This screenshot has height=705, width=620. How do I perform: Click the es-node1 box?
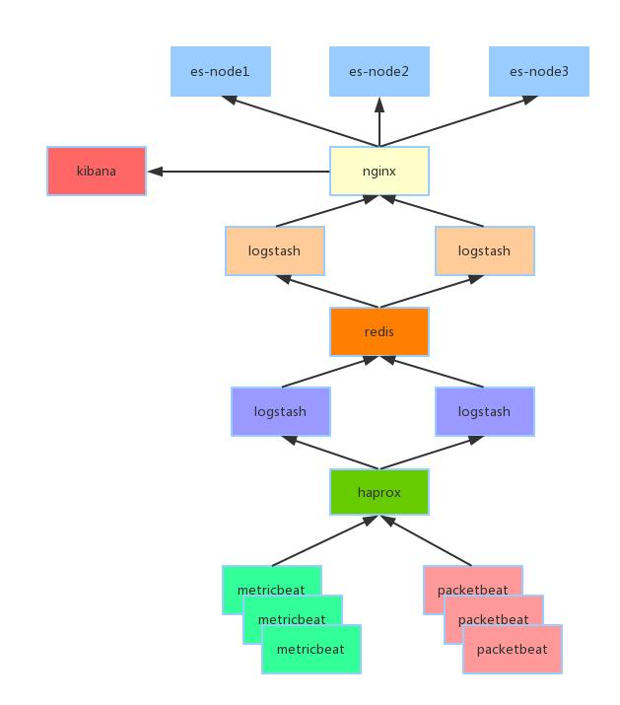(221, 71)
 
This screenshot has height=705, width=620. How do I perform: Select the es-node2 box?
(379, 71)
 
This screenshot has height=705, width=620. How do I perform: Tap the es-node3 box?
(538, 71)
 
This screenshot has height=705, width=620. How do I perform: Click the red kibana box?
(97, 171)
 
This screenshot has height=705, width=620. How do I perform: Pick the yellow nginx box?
(379, 171)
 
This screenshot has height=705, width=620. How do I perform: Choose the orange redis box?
(379, 332)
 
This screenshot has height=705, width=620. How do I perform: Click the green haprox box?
(379, 492)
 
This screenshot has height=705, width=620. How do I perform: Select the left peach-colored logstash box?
(275, 250)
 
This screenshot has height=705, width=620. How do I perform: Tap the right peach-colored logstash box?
(485, 250)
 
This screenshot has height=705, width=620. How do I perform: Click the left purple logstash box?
(281, 411)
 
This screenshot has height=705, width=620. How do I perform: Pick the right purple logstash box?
(485, 411)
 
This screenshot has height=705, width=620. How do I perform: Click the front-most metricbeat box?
(311, 649)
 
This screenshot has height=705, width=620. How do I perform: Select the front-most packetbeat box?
(513, 649)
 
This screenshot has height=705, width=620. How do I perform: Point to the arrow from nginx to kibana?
(239, 172)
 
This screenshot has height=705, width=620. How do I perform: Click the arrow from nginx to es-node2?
(379, 122)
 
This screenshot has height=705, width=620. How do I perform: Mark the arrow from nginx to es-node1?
(301, 121)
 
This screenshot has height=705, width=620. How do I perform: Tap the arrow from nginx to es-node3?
(458, 121)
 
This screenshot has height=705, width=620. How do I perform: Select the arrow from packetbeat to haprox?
(426, 540)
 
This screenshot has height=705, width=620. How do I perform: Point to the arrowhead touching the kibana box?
(155, 172)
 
